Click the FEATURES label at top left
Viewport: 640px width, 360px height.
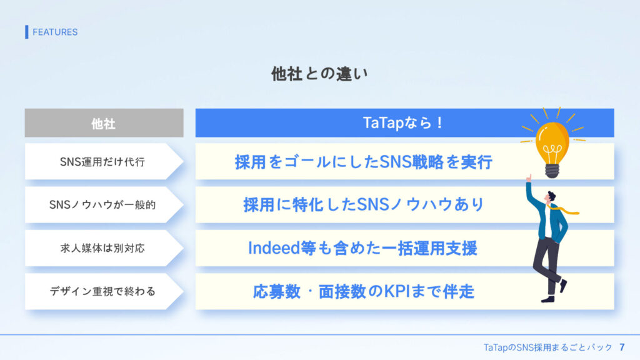[55, 32]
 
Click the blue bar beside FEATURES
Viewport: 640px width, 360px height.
[26, 32]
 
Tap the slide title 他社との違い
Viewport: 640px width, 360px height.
[319, 74]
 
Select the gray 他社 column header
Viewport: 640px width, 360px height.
[104, 123]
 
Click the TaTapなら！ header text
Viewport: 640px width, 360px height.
[402, 122]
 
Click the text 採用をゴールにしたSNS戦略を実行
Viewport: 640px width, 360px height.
[364, 162]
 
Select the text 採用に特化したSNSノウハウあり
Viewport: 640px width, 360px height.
[364, 204]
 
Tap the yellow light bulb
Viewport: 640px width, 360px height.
[552, 143]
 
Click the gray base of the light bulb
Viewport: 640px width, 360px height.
[552, 171]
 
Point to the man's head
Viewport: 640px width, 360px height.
[551, 197]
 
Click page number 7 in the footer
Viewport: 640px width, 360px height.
[622, 347]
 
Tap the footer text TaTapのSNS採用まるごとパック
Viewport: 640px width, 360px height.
[547, 347]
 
